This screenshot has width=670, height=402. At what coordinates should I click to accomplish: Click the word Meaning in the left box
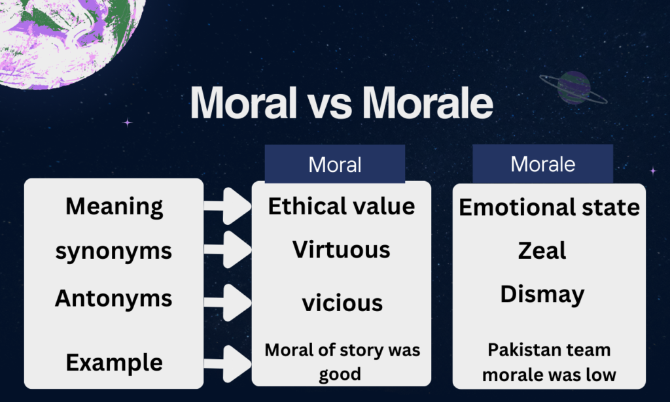(114, 207)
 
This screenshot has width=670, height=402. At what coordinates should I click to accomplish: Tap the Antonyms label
(114, 298)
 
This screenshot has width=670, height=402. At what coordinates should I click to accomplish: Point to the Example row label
(114, 363)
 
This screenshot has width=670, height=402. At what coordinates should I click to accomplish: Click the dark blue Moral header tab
(335, 164)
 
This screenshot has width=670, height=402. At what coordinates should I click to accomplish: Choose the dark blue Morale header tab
(542, 164)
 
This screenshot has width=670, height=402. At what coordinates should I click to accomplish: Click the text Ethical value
(342, 207)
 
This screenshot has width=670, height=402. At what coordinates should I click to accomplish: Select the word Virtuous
(342, 250)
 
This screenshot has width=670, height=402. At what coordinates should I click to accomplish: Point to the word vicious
(342, 303)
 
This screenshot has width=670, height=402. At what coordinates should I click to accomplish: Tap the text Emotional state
(549, 207)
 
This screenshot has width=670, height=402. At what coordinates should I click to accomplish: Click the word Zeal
(542, 250)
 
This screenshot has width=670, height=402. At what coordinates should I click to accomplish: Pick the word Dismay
(542, 295)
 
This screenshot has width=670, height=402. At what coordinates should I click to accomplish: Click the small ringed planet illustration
(574, 88)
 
